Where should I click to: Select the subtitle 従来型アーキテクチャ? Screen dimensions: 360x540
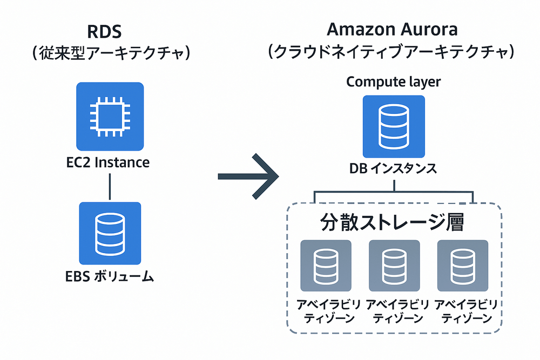click(111, 54)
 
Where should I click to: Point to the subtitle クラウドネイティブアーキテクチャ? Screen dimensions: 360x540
click(393, 52)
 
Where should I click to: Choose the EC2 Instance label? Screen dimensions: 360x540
click(110, 162)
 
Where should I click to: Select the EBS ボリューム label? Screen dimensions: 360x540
click(110, 277)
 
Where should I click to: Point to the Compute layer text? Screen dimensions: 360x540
click(393, 82)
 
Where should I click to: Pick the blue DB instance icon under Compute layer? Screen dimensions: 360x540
click(394, 127)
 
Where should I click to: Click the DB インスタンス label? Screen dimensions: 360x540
click(393, 169)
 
